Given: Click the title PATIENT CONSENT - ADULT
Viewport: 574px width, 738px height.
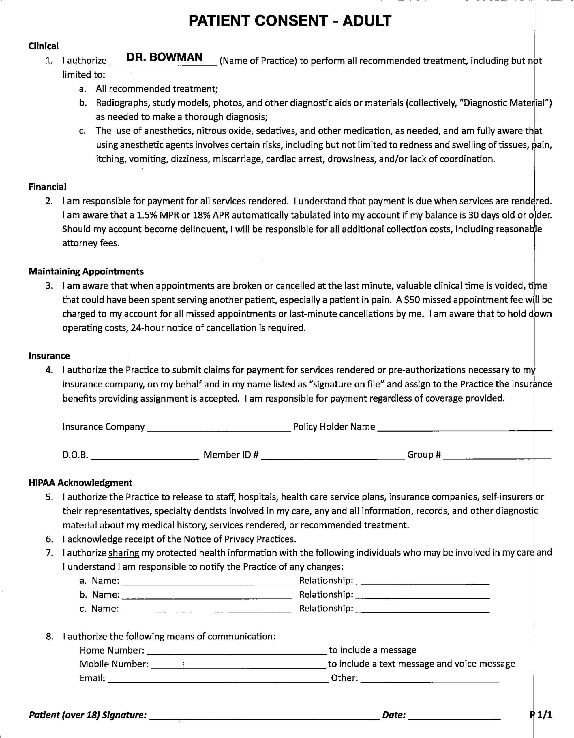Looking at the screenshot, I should (290, 21).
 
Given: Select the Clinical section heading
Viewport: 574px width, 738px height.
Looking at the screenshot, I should (43, 46).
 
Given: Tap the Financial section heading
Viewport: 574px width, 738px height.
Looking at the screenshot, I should (47, 187).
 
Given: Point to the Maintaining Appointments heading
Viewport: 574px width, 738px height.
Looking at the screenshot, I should (86, 271).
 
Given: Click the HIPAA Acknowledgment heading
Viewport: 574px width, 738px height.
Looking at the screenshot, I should (80, 483).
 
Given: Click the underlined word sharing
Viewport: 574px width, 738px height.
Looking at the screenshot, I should (124, 553).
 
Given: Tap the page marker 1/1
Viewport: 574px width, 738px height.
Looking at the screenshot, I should (545, 715).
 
